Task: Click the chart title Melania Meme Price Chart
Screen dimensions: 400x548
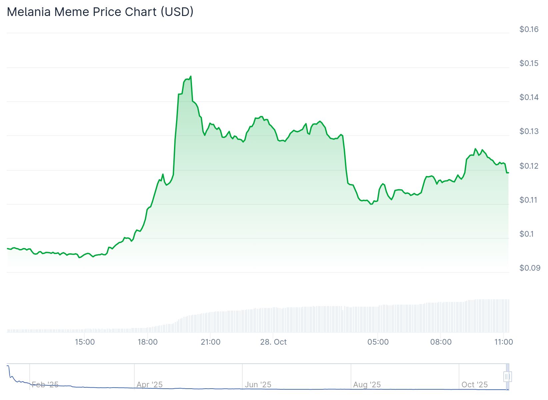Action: pos(100,12)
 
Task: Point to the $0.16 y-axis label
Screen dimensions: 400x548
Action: pos(529,29)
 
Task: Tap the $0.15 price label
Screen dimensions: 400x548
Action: pos(529,63)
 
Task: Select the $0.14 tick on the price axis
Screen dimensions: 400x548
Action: pos(529,97)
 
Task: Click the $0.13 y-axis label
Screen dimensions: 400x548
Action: pos(529,131)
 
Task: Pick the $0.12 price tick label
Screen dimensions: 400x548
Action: pos(529,166)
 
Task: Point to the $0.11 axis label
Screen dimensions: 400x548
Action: pos(529,200)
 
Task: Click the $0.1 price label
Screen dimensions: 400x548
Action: pos(527,234)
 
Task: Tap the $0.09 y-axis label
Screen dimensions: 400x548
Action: pos(530,268)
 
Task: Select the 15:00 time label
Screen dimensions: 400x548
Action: pos(85,342)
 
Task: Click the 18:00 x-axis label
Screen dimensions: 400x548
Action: pos(148,342)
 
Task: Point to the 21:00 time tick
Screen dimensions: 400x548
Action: pos(210,342)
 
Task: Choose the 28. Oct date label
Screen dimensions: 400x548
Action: pos(273,342)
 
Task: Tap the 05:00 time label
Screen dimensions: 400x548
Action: pos(378,342)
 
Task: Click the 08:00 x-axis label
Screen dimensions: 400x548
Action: pos(441,342)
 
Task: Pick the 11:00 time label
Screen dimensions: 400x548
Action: pos(503,342)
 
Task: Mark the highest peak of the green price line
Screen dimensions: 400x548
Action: pos(191,76)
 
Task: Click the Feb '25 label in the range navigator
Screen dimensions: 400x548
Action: pos(45,385)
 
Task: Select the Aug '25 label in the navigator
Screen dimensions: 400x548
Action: pos(367,385)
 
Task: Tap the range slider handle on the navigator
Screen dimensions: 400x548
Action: pos(507,377)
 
